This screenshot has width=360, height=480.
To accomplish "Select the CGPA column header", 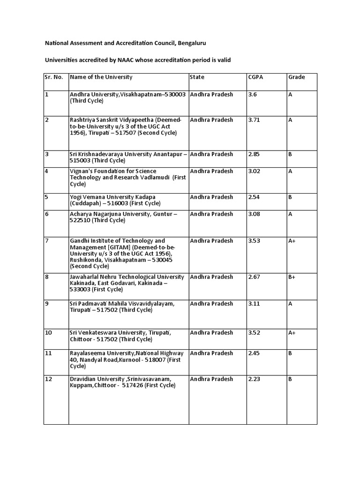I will [255, 77].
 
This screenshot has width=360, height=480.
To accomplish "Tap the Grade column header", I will [296, 77].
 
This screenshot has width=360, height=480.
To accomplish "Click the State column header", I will [197, 77].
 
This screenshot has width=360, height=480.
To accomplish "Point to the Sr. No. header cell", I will [54, 77].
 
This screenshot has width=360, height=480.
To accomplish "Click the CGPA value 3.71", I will [254, 120].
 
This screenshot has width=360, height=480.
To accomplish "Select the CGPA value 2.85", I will [254, 154].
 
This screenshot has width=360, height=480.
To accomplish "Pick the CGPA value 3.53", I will [254, 241].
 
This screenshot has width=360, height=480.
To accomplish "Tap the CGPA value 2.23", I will [254, 379].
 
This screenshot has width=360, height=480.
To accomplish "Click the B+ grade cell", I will [292, 277].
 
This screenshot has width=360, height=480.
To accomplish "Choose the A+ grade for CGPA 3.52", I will [292, 333].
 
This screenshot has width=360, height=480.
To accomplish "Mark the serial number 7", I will [47, 241].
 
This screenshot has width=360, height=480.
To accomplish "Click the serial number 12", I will [48, 379].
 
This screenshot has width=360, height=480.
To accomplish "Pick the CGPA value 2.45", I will [254, 353].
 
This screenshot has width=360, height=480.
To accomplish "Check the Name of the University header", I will [101, 77].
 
